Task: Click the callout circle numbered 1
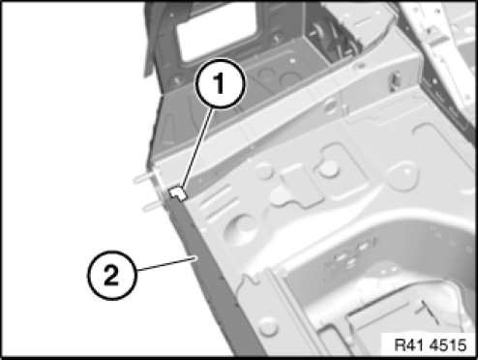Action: pyautogui.click(x=220, y=83)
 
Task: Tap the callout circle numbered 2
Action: pyautogui.click(x=111, y=275)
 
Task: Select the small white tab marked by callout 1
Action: pyautogui.click(x=178, y=194)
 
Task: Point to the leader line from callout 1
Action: pyautogui.click(x=197, y=148)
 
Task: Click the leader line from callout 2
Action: pyautogui.click(x=165, y=263)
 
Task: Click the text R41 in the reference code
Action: pyautogui.click(x=408, y=345)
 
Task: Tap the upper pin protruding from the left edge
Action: pyautogui.click(x=144, y=177)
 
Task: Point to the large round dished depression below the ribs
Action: pyautogui.click(x=241, y=230)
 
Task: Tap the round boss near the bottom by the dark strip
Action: pyautogui.click(x=268, y=326)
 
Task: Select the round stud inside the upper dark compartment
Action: pyautogui.click(x=315, y=32)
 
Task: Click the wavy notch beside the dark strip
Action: pyautogui.click(x=249, y=280)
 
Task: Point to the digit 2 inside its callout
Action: pyautogui.click(x=111, y=276)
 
